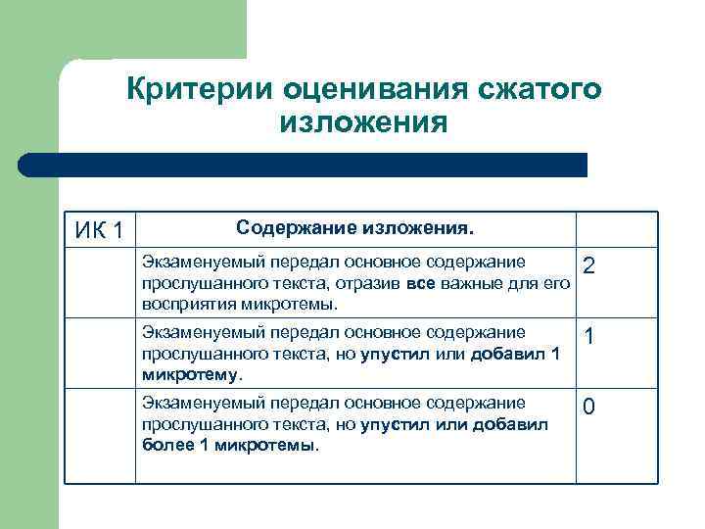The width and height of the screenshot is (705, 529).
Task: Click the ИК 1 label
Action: coord(99,231)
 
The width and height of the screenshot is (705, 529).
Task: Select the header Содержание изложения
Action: coord(354,228)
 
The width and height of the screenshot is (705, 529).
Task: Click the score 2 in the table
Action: coord(589,265)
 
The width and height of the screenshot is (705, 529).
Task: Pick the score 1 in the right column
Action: coord(589,336)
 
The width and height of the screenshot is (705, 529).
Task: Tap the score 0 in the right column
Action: coord(589,407)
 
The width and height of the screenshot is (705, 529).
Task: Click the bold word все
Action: coord(419,284)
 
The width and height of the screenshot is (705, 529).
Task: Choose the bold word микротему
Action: coord(190,374)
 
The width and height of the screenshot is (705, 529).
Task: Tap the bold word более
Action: coord(164,445)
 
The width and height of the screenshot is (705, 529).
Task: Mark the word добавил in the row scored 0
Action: coord(511,424)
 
